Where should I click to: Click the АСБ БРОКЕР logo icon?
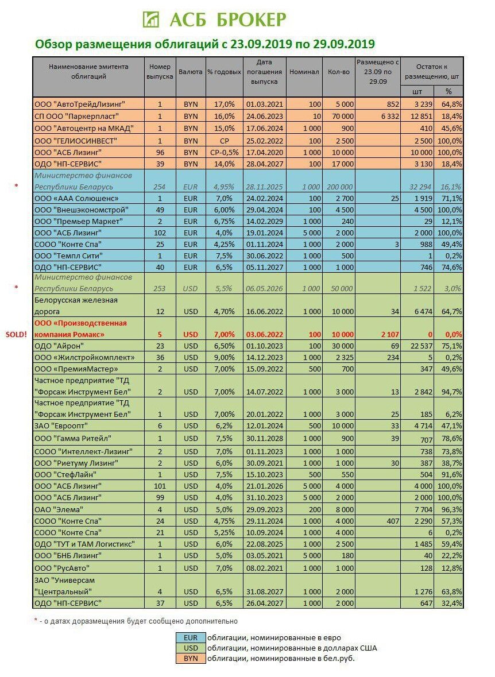click(x=151, y=19)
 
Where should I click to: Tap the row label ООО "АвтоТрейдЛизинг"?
click(x=80, y=104)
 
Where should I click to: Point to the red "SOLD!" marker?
click(x=17, y=334)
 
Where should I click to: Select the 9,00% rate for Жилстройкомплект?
click(x=221, y=357)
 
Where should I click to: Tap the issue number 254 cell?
click(x=160, y=187)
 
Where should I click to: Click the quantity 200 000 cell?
click(x=341, y=187)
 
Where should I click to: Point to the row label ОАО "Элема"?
click(x=59, y=509)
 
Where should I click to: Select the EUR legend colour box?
click(x=190, y=637)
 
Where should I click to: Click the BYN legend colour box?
click(x=190, y=658)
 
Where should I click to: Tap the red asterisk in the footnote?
click(x=36, y=621)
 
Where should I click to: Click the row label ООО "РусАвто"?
click(x=63, y=568)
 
